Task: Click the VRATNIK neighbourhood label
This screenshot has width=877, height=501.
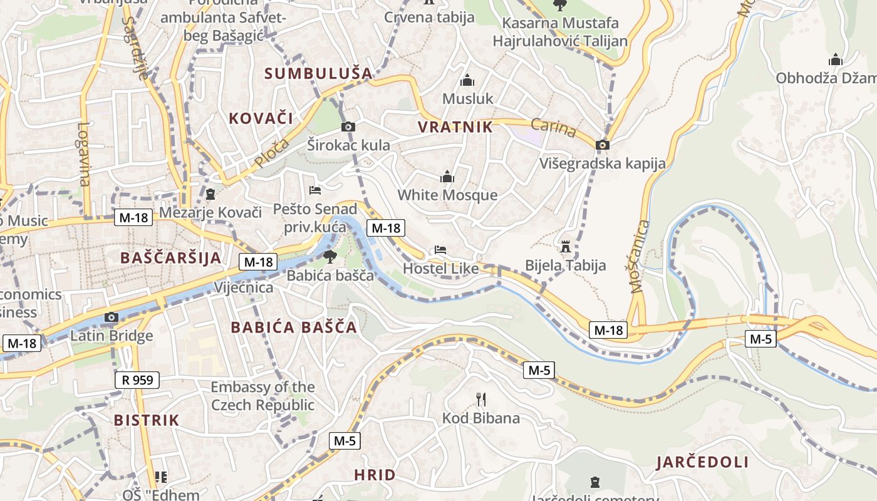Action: pos(455,127)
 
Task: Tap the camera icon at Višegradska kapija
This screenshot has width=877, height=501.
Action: pos(603,145)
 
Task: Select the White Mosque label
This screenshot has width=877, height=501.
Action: pos(447,195)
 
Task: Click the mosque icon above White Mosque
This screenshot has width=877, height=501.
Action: pos(447,177)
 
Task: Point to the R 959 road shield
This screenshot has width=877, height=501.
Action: pos(137,380)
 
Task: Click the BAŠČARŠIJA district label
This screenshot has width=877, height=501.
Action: pos(170,257)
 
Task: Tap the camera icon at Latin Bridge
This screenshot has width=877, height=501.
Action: pos(112,318)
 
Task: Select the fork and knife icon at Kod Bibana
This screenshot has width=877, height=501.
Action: pos(481,400)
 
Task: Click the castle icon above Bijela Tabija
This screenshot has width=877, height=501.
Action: pos(566,246)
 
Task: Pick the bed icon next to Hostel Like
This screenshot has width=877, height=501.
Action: pos(440,250)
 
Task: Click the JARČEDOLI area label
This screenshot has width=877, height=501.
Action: pos(702,463)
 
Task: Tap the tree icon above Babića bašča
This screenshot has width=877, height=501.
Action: pos(330,256)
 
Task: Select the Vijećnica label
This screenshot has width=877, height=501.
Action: pos(244,287)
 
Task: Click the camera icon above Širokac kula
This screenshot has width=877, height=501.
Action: pos(348,127)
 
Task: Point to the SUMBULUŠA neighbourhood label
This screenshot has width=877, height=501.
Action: pos(318,73)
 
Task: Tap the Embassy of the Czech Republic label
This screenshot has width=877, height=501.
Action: pos(262,396)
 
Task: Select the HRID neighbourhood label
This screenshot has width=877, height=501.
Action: pos(375,475)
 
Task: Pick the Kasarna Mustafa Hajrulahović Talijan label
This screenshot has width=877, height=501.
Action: pos(560,33)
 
